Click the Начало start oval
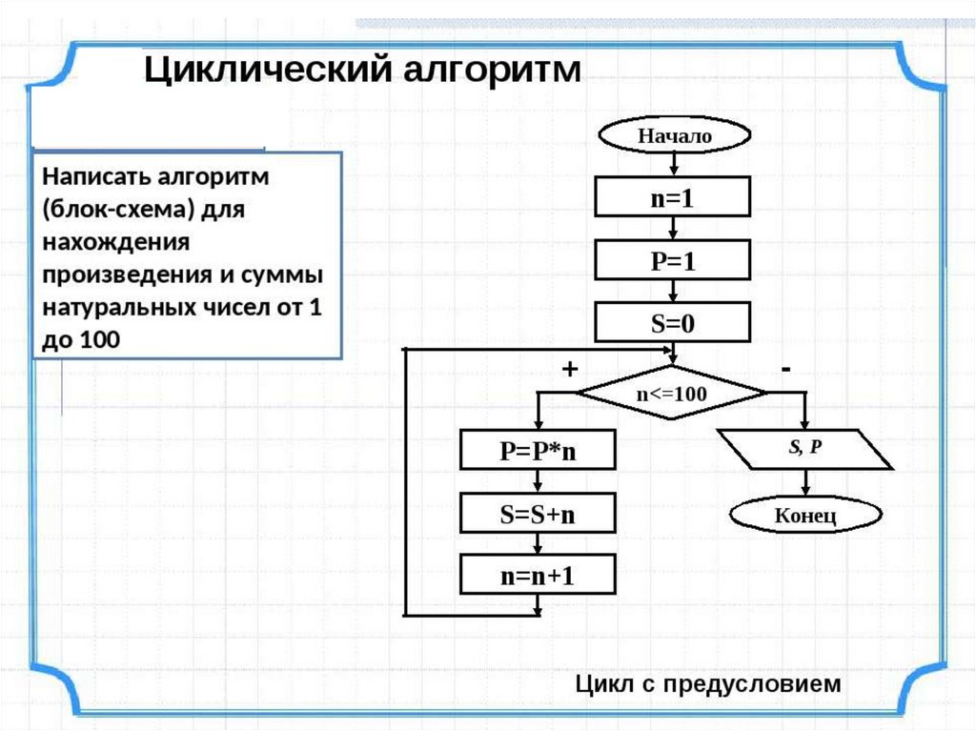pos(674,136)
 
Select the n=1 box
pos(674,199)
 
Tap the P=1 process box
pos(674,262)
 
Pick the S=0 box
pos(674,323)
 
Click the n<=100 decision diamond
pos(673,393)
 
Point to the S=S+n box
pos(539,514)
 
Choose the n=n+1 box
pos(539,576)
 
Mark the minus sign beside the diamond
pos(785,367)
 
